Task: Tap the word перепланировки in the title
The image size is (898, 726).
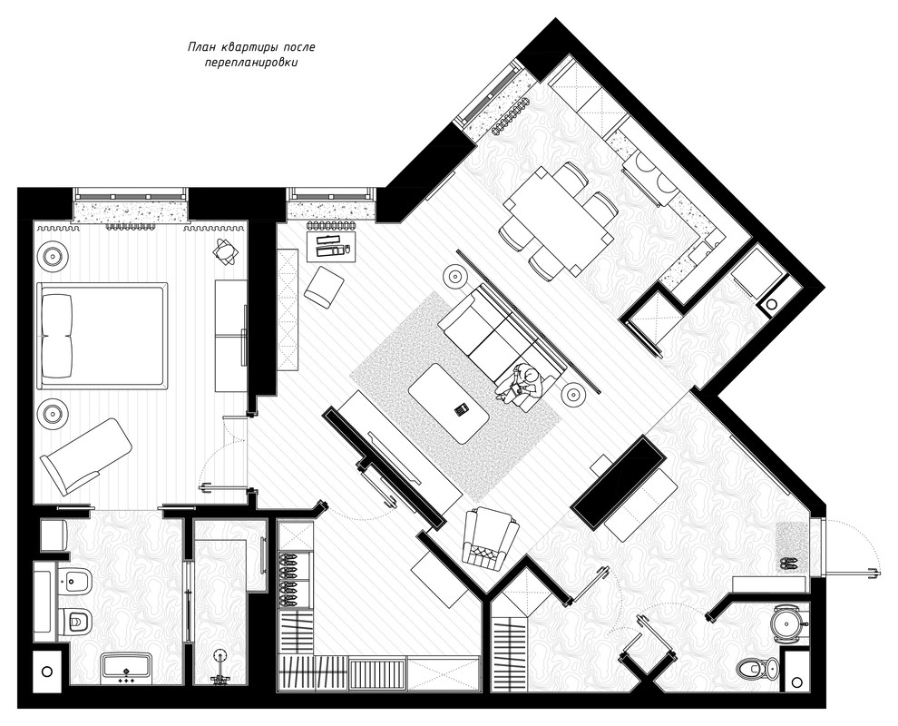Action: (251, 63)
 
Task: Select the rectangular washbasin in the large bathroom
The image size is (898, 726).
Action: (126, 668)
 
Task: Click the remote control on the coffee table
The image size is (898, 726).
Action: (462, 409)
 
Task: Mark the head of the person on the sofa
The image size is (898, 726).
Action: (532, 376)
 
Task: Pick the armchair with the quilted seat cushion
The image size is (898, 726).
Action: (491, 538)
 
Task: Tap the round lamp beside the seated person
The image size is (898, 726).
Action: (572, 394)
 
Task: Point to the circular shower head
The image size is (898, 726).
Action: (219, 654)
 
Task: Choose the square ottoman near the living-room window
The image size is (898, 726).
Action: (324, 286)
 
